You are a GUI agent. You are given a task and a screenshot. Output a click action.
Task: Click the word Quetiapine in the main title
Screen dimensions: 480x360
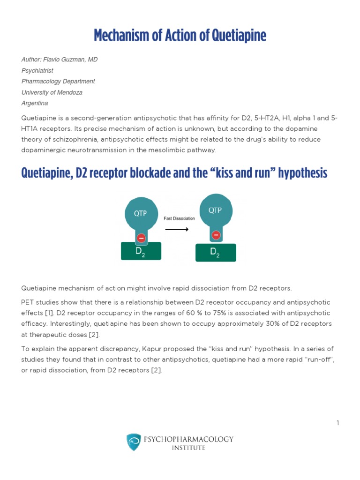click(x=240, y=35)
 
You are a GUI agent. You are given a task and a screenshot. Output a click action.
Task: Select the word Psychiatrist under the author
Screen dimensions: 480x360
click(x=37, y=70)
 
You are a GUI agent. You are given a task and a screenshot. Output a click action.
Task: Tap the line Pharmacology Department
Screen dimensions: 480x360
click(x=58, y=81)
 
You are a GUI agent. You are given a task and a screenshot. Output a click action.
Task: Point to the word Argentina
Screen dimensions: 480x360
click(x=35, y=103)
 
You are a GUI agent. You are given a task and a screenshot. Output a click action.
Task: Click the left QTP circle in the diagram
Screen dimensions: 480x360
click(x=141, y=213)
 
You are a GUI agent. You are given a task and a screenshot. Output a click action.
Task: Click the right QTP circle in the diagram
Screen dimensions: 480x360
click(x=216, y=210)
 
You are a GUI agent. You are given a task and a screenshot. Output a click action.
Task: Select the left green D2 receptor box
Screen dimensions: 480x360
click(x=141, y=251)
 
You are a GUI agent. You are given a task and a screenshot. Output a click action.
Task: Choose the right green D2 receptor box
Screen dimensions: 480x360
click(x=215, y=252)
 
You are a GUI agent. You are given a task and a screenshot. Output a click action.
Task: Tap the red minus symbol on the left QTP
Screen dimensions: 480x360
click(x=141, y=239)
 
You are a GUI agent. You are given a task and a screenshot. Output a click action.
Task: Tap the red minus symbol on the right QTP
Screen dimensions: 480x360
click(x=216, y=235)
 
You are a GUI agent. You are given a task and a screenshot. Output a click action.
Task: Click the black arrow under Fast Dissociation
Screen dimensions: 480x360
click(x=177, y=229)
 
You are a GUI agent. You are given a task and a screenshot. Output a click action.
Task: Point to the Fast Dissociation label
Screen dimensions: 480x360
click(x=179, y=218)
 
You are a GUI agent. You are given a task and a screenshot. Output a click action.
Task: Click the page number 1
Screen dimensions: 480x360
click(x=337, y=423)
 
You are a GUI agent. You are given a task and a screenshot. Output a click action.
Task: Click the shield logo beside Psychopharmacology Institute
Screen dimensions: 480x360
click(x=133, y=442)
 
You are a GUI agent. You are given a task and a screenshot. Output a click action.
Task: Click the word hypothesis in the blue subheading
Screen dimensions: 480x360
click(x=303, y=173)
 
